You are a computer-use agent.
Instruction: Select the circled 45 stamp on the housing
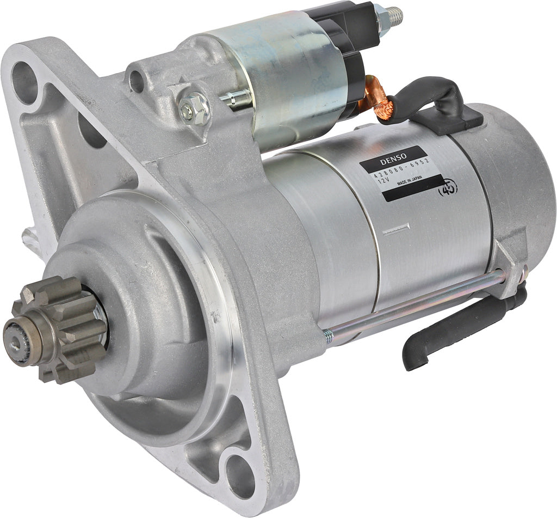coord(448,187)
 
